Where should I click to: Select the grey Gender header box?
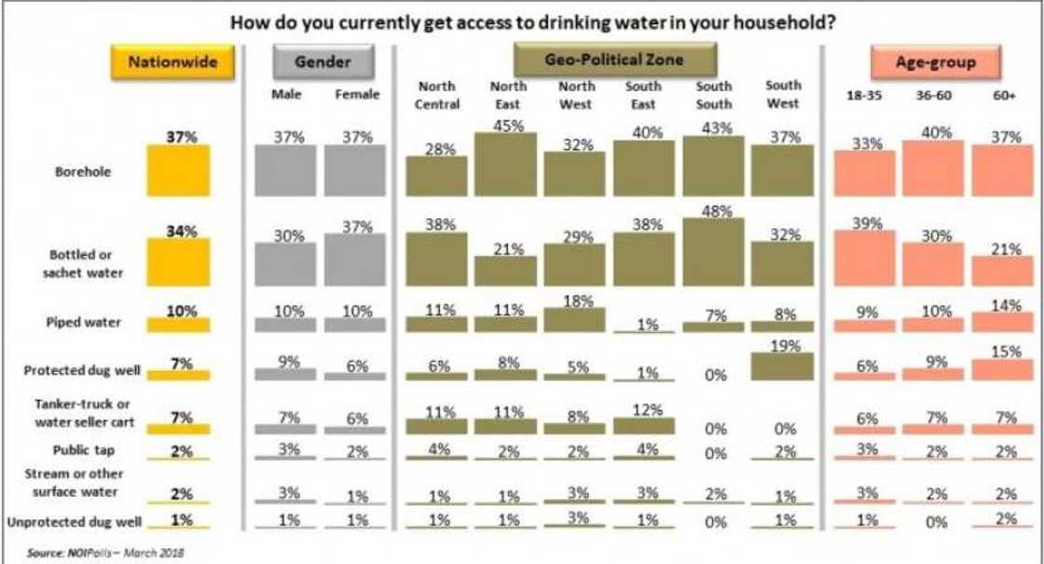click(322, 62)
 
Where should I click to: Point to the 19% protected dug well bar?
click(783, 365)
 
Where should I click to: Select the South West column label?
click(783, 94)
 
